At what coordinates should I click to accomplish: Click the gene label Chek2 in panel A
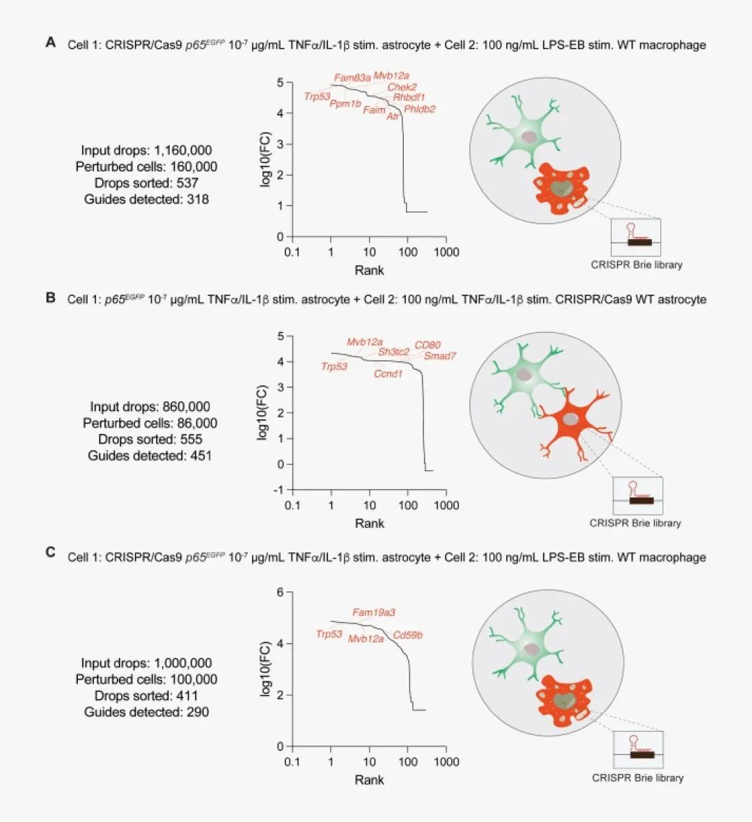pos(402,87)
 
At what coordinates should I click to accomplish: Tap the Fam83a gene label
pos(352,78)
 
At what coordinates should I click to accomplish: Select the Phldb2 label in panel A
pos(419,109)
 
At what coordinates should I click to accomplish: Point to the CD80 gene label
pos(428,345)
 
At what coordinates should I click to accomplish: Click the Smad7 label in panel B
pos(440,356)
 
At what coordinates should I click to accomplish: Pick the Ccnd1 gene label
pos(388,374)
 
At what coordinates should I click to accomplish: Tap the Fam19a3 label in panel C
pos(374,612)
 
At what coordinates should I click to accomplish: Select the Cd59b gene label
pos(407,635)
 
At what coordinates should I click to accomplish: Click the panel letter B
pos(50,297)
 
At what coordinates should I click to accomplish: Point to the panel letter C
pos(50,552)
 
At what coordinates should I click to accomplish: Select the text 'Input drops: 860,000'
pos(150,407)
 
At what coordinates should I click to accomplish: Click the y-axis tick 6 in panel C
pos(280,592)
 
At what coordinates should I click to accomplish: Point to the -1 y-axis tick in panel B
pos(279,490)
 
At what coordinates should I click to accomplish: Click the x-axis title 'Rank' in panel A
pos(369,270)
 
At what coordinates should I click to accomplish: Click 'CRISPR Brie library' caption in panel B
pos(635,523)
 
